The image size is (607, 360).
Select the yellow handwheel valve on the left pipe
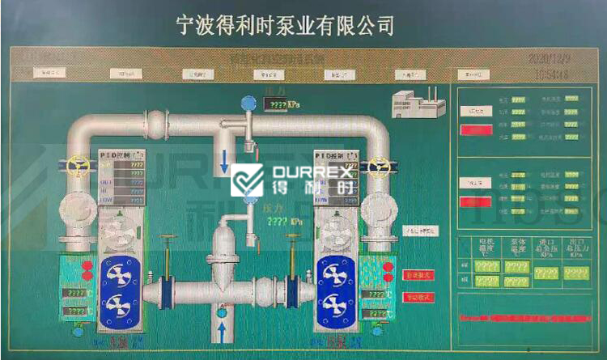click(x=78, y=166)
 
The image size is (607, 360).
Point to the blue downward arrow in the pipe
click(x=224, y=159)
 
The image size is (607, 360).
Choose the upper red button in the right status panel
click(x=477, y=130)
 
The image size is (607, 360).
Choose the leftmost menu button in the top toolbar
click(x=48, y=73)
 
